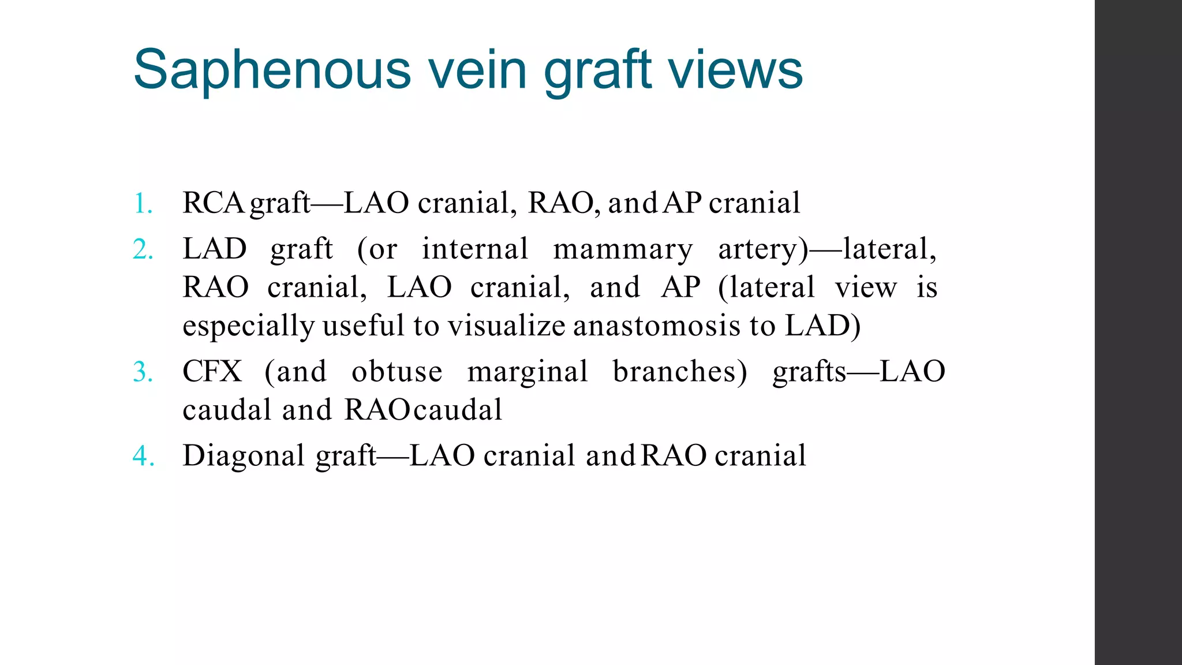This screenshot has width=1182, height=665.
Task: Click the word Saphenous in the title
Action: (x=272, y=70)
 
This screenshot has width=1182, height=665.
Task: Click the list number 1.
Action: (x=143, y=204)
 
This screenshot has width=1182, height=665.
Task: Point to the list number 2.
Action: (x=143, y=250)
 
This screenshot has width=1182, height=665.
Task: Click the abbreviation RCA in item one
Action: (x=213, y=203)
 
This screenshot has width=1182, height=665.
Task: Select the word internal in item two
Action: (x=475, y=249)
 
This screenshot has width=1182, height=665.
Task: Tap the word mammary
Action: (x=623, y=250)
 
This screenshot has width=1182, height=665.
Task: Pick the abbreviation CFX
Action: (x=212, y=371)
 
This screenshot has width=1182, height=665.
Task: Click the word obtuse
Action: (x=397, y=371)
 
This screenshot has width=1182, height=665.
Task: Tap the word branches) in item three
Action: (x=680, y=371)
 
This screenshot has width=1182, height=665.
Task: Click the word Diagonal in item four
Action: (x=244, y=457)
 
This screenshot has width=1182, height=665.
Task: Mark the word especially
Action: (x=249, y=327)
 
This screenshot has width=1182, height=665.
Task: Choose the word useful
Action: (x=364, y=326)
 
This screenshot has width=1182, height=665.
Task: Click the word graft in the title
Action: (x=597, y=70)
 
